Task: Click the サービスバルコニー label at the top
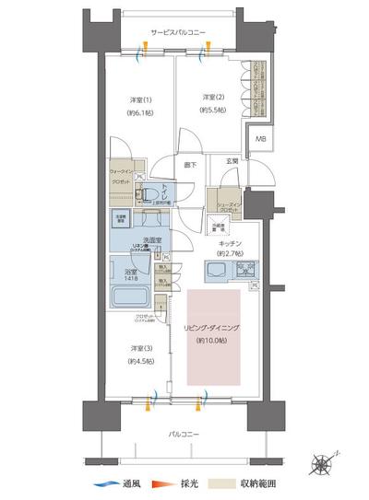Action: tap(181, 33)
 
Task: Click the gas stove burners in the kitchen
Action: tap(245, 271)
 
